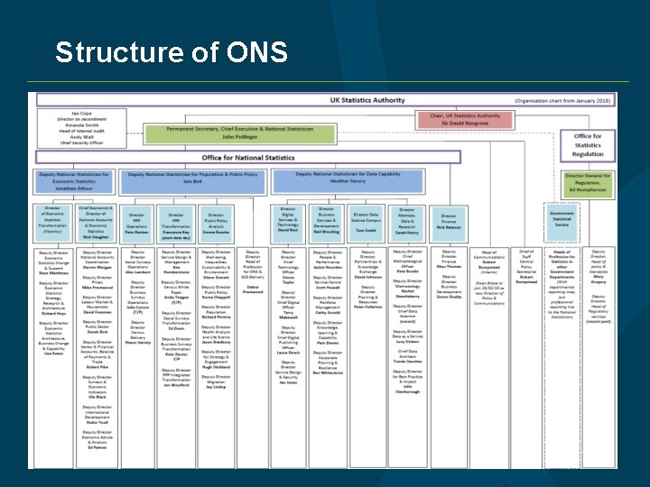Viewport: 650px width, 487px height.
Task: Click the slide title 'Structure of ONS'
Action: tap(172, 53)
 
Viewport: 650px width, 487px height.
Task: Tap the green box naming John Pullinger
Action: tap(240, 133)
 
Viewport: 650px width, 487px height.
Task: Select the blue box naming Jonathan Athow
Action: tap(74, 181)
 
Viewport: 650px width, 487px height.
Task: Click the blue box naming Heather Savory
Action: tap(348, 178)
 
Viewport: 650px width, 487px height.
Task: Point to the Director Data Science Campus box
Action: tap(367, 222)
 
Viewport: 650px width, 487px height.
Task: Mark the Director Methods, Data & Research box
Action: tap(406, 222)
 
